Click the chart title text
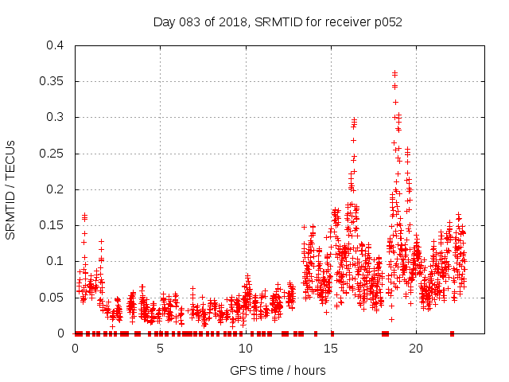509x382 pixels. point(278,21)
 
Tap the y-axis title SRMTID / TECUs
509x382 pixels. point(11,189)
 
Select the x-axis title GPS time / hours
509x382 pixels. point(278,370)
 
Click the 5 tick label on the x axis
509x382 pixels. point(160,349)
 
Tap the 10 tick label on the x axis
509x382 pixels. point(245,349)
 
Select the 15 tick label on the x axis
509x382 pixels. point(330,349)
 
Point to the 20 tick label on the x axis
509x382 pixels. point(415,349)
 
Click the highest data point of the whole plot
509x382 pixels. point(394,72)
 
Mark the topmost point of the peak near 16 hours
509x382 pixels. point(354,119)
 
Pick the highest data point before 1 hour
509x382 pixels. point(84,215)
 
